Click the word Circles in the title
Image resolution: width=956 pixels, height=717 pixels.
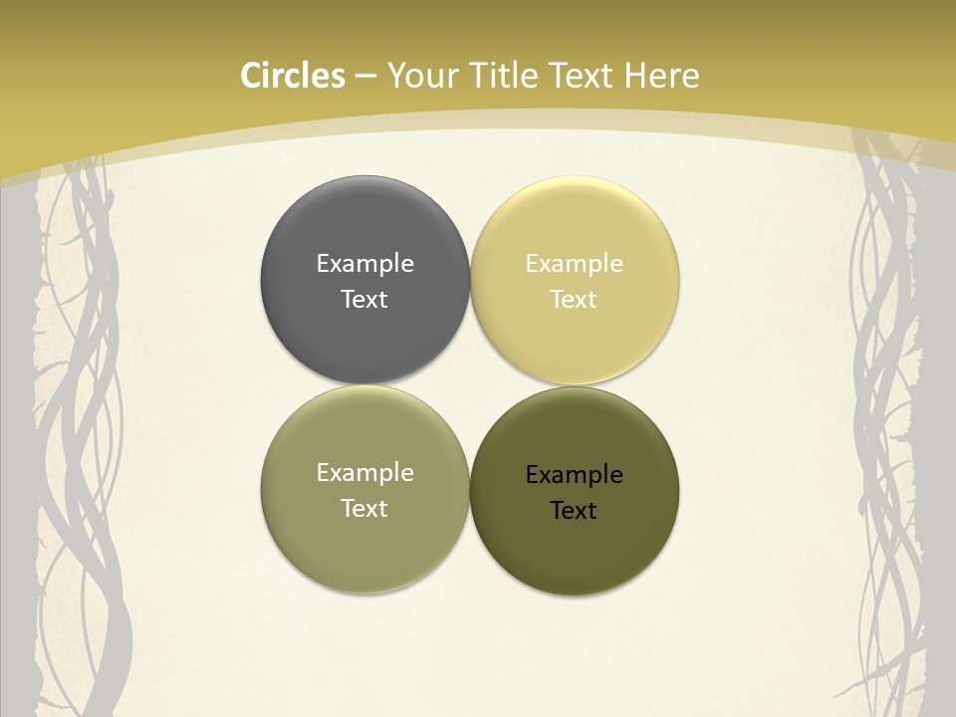point(293,76)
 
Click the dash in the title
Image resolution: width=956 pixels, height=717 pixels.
point(365,77)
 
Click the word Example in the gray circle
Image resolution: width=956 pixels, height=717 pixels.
point(364,263)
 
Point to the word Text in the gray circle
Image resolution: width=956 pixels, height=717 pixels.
point(364,299)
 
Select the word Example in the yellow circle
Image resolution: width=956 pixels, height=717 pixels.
point(574,263)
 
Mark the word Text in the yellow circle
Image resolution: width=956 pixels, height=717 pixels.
point(574,299)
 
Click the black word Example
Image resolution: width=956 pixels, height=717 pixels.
point(574,474)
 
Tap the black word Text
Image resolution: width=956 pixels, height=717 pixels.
point(574,510)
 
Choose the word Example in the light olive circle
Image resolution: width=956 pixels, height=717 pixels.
point(364,472)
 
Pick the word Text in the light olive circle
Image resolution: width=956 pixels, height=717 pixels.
point(364,508)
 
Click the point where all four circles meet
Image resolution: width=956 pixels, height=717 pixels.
point(470,385)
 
